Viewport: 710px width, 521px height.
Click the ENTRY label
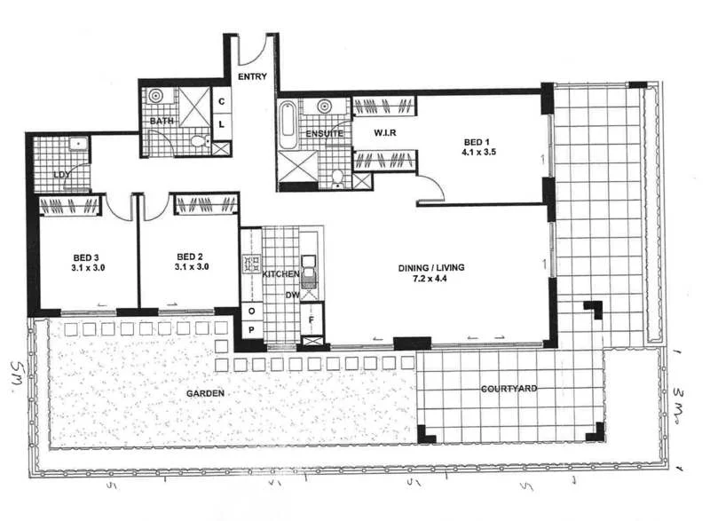252,77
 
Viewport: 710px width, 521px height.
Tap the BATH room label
161,120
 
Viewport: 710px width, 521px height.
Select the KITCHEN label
281,275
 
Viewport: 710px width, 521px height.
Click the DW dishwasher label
292,295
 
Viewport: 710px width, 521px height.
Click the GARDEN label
205,392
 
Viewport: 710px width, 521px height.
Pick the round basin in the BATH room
156,96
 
